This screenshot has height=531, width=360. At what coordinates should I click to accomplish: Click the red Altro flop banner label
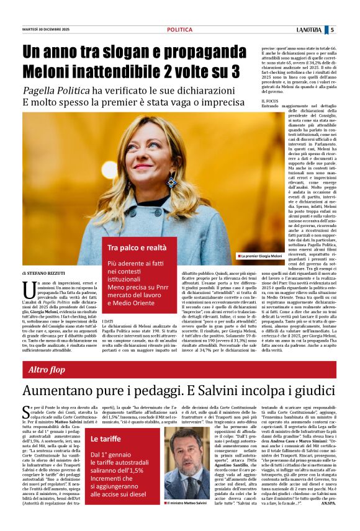coord(47,370)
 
